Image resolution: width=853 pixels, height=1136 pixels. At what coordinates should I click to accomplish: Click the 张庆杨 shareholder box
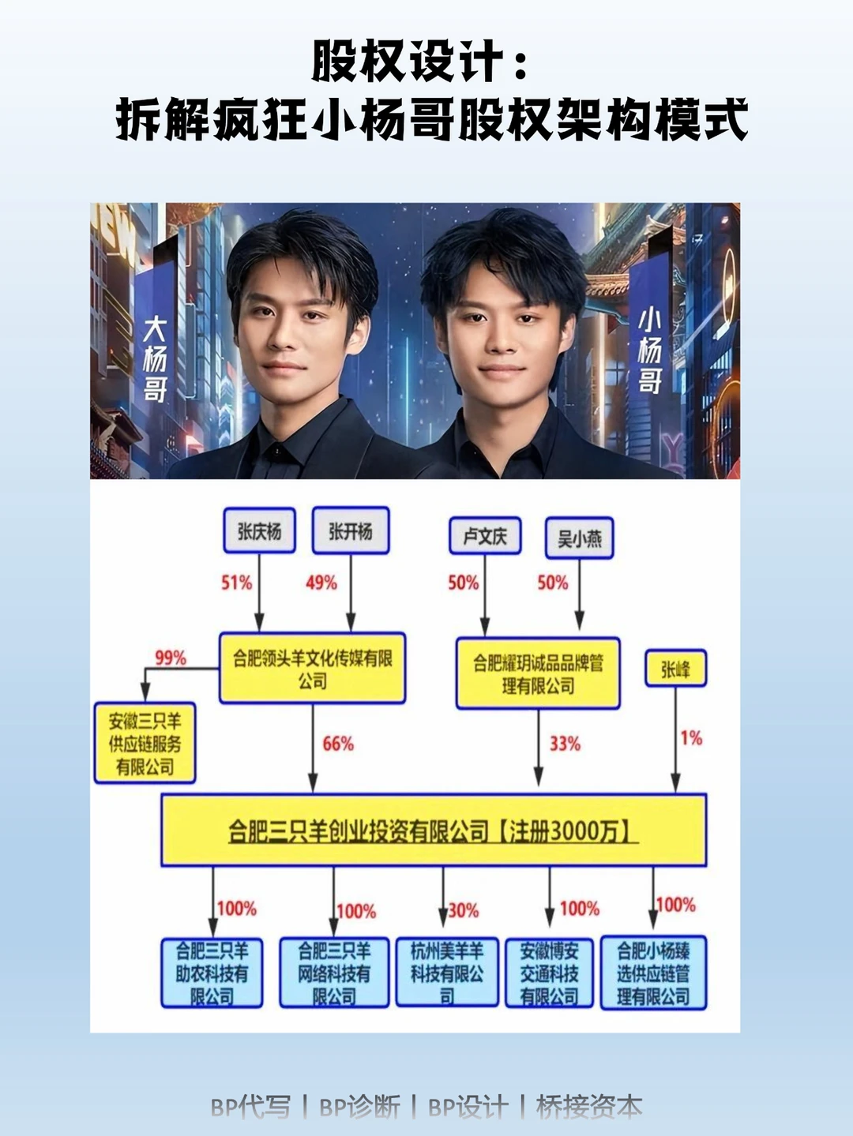pos(259,531)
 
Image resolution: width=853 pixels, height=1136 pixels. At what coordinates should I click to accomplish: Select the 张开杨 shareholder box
pos(351,531)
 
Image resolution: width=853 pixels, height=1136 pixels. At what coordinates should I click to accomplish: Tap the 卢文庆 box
pos(485,536)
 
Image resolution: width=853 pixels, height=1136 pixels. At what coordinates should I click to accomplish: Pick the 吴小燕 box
pos(579,538)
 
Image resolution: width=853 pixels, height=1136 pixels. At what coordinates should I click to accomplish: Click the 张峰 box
pos(675,669)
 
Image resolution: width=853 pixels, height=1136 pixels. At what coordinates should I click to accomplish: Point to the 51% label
pos(236,583)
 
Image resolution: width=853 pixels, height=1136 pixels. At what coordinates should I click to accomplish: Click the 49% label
pos(321,583)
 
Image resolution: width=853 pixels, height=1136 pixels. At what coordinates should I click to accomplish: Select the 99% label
pos(171,658)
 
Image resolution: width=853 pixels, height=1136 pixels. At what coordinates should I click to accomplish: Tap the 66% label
pos(338,744)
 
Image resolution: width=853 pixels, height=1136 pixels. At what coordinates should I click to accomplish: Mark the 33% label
pos(565,744)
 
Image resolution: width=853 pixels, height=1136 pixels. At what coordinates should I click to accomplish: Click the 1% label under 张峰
pos(691,738)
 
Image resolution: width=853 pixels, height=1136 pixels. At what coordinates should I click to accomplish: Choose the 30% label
pos(464,910)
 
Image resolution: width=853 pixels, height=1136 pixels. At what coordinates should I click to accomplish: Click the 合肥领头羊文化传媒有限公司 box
pos(312,669)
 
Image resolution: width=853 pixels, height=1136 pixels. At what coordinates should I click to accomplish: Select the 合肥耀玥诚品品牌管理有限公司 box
pos(538,673)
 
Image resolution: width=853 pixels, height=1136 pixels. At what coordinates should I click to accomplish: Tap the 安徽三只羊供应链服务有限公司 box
pos(145,743)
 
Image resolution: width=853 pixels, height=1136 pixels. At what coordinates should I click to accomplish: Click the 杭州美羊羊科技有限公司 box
pos(446,973)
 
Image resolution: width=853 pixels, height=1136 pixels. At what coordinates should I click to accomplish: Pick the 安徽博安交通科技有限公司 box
pos(549,973)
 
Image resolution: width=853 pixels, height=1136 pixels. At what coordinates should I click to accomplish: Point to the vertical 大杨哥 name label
pos(155,359)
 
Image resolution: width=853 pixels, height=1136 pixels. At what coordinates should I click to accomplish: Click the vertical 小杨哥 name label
pos(649,351)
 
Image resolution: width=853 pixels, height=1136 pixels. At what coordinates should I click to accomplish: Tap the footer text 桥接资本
pos(588,1107)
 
